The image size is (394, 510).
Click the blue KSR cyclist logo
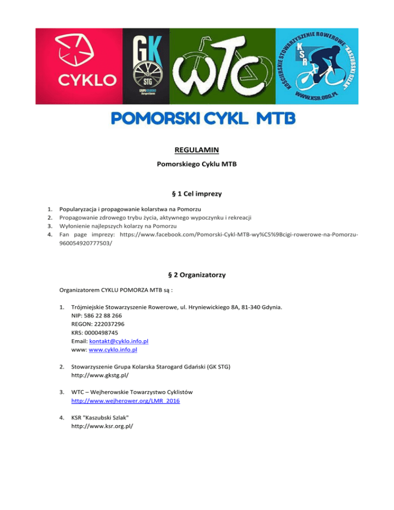(x=317, y=66)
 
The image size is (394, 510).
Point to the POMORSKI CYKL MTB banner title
(x=204, y=119)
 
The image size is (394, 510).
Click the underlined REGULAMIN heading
(x=197, y=150)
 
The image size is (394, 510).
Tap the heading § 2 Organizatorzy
(x=197, y=275)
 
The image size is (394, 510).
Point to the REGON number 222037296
(x=109, y=325)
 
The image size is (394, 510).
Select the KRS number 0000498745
(x=107, y=333)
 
